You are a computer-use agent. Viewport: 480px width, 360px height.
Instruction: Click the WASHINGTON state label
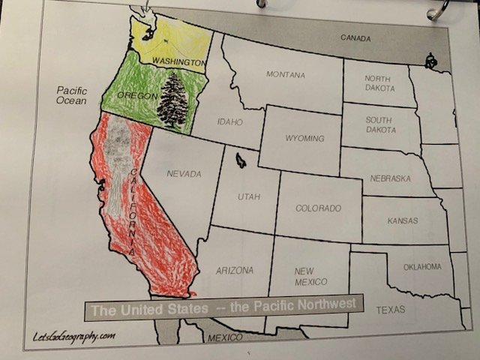coord(179,60)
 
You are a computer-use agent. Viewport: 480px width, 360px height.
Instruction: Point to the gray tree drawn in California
coord(118,161)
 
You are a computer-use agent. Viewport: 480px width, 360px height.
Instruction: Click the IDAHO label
coord(229,121)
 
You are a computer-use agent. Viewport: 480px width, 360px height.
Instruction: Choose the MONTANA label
coord(285,75)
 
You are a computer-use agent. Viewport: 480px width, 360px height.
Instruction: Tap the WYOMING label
coord(304,139)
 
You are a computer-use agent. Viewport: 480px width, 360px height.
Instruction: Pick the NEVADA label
coord(184,174)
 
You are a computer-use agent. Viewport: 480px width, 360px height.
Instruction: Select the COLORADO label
coord(318,208)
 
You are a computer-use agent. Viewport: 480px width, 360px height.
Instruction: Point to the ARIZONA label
coord(234,271)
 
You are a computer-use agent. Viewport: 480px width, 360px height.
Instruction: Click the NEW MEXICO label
coord(310,276)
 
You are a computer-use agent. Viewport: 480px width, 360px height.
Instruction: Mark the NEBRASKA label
coord(391,179)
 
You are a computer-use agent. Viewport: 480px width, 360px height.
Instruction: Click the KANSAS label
coord(402,221)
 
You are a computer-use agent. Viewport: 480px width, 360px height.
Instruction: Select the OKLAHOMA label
coord(423,267)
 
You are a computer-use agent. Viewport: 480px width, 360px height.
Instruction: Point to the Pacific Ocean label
coord(72,95)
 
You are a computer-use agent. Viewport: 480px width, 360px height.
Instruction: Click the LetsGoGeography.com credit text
coord(73,336)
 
